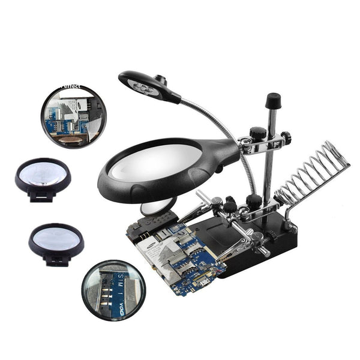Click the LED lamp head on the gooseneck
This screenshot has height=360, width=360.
147,86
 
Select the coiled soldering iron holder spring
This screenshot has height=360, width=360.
315,174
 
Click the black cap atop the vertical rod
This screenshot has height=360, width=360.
273,99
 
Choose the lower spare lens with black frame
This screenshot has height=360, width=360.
56,241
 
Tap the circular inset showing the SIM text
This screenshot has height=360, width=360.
113,290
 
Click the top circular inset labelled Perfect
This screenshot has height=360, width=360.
73,116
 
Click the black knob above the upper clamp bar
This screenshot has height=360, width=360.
258,133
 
